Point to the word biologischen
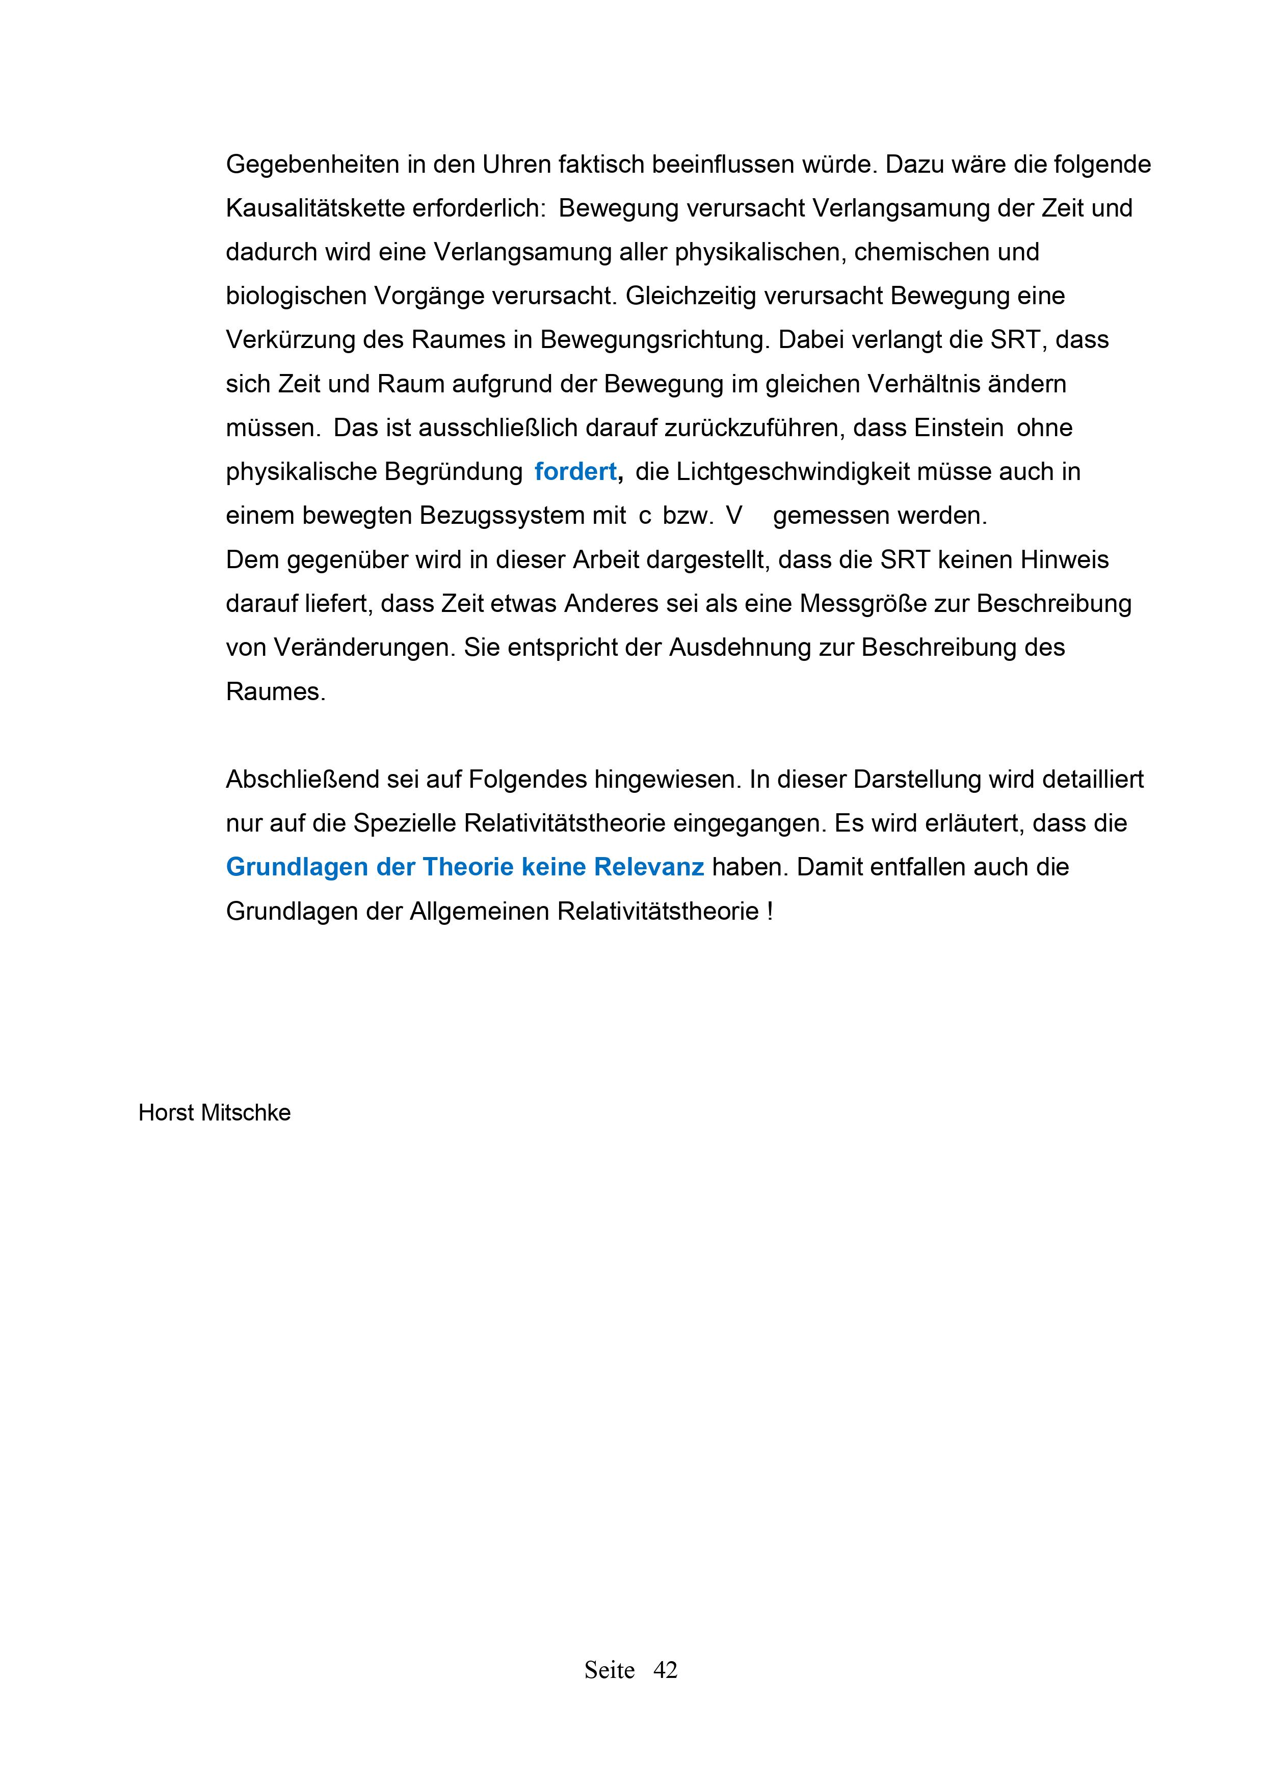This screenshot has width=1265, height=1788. [x=295, y=297]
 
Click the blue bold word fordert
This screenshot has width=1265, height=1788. [x=575, y=472]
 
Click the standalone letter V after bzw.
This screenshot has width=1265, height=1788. [x=734, y=516]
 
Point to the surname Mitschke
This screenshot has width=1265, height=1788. [x=245, y=1113]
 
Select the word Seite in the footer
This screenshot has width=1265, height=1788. [x=609, y=1670]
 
